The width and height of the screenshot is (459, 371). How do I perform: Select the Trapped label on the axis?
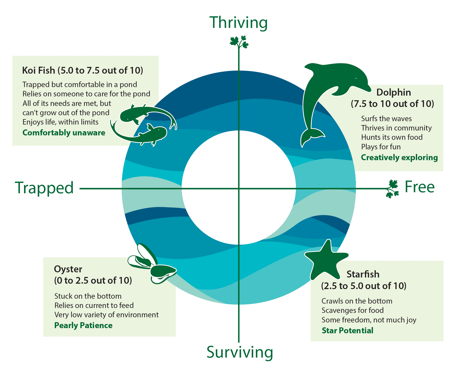pos(44,188)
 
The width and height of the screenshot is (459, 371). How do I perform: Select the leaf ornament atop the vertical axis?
pos(239,42)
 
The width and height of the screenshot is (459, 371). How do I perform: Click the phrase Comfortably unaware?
pos(64,133)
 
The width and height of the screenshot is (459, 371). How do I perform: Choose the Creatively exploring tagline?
pos(399,158)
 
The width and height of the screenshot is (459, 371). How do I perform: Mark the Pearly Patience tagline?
pos(83,326)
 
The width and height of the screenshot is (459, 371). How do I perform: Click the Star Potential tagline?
pos(348,330)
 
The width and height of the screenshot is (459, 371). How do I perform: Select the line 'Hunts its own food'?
pos(392,137)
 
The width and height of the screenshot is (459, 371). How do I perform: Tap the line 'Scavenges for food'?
pos(353,310)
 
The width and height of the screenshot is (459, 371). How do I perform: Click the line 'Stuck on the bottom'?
pos(88,296)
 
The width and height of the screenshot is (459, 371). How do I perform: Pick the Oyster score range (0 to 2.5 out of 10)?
pos(93,281)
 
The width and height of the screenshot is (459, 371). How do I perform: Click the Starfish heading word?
pos(363,274)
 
